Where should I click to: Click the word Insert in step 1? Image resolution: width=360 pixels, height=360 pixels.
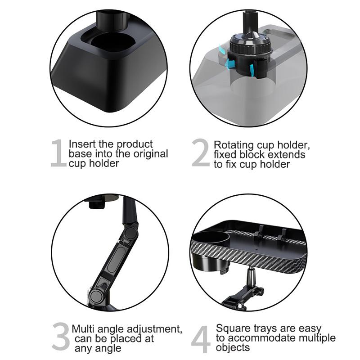[x=81, y=144]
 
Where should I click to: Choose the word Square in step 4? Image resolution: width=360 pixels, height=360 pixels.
[x=232, y=328]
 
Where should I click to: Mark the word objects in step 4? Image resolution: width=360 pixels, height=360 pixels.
[x=233, y=348]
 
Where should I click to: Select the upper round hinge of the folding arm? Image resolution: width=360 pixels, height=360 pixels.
[x=130, y=233]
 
